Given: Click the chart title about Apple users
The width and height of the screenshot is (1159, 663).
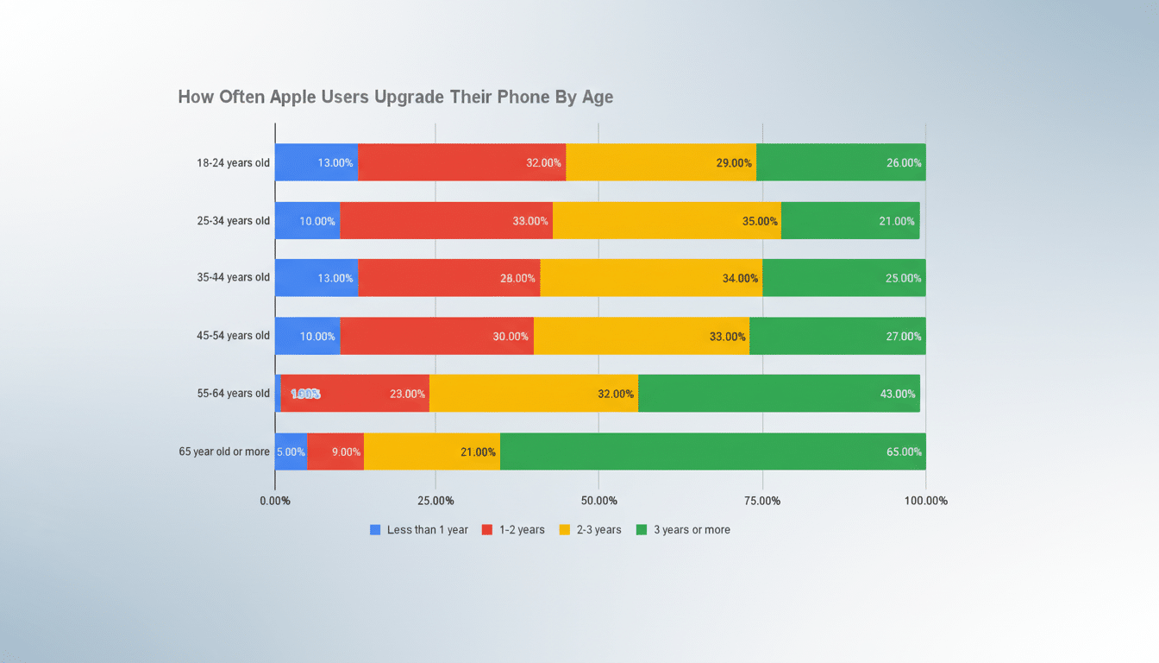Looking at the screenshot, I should click(x=395, y=97).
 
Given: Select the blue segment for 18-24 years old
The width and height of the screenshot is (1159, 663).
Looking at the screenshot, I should click(x=316, y=162).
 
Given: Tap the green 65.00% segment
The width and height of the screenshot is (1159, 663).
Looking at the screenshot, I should click(x=712, y=451).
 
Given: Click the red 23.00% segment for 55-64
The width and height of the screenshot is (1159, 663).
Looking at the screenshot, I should click(x=354, y=394).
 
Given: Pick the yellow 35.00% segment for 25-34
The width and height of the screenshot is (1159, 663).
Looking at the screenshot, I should click(x=667, y=220).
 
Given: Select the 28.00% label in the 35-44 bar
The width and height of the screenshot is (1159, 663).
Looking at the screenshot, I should click(x=517, y=278).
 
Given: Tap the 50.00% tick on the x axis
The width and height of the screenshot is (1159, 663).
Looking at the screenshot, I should click(x=598, y=502).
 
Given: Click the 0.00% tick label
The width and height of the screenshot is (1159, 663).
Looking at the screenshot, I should click(x=275, y=502).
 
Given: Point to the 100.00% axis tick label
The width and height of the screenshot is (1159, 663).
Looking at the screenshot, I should click(x=925, y=502).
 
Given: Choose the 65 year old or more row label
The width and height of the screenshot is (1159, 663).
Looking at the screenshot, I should click(x=224, y=451).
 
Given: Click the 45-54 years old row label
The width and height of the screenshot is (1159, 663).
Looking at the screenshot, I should click(x=233, y=336).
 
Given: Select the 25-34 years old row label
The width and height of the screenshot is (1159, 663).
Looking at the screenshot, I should click(x=233, y=220).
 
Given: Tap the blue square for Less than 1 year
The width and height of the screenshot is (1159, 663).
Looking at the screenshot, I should click(x=375, y=530).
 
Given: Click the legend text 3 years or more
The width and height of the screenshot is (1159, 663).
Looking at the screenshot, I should click(x=692, y=530).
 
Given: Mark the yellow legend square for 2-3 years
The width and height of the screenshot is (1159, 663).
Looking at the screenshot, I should click(x=565, y=530).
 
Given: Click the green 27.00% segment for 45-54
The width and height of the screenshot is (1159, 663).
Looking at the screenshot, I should click(x=837, y=336).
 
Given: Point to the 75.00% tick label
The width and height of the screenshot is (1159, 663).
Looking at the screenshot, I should click(x=762, y=502).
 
